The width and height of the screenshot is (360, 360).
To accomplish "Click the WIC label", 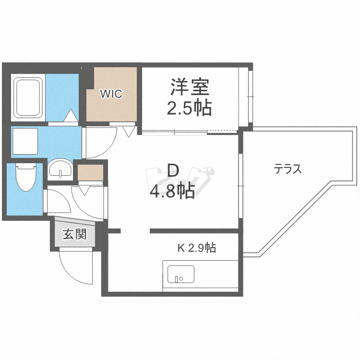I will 111,94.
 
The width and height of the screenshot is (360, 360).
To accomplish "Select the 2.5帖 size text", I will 189,109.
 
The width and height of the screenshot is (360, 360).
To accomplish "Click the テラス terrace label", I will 288,169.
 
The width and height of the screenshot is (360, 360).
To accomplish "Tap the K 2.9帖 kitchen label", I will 196,248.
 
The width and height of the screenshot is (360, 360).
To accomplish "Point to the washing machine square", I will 24,142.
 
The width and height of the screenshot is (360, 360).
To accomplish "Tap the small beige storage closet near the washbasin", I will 90,172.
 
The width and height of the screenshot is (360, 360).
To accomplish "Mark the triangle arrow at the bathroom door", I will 71,116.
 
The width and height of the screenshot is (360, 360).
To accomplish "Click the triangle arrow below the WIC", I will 129,131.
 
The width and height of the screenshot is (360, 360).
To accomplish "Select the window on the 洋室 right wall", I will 250,96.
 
